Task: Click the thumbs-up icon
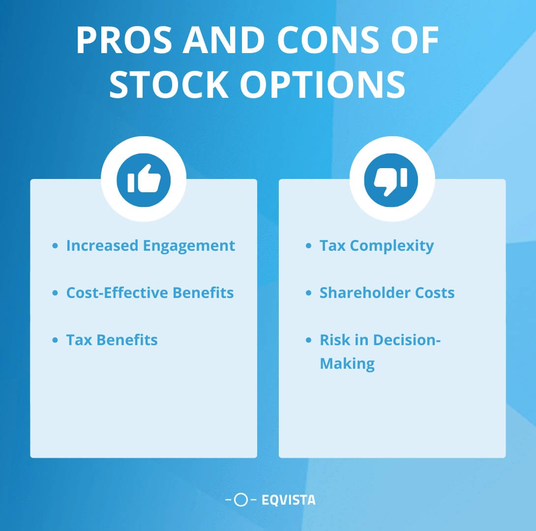[x=144, y=179]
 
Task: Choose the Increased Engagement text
[x=150, y=245]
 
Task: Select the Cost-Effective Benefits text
[x=150, y=293]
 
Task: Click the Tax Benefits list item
[x=112, y=340]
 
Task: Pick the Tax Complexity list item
[x=377, y=245]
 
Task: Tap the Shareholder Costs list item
[x=387, y=293]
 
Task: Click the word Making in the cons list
[x=347, y=364]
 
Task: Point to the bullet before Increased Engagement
[x=55, y=245]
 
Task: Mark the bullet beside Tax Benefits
[x=55, y=340]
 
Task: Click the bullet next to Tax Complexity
[x=309, y=245]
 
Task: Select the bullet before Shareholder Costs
[x=309, y=293]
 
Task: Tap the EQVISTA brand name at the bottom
[x=289, y=501]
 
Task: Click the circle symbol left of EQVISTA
[x=241, y=501]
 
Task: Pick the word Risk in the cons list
[x=334, y=340]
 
